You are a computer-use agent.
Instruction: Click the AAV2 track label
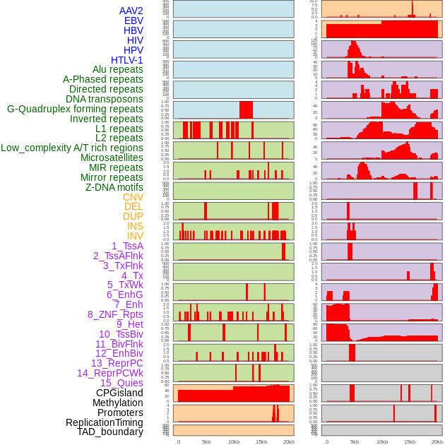coord(131,11)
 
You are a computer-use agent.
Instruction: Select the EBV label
coord(133,20)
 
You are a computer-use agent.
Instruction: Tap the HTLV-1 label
coord(127,60)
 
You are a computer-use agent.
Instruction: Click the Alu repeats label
coord(118,69)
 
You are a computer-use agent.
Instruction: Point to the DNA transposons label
coord(105,99)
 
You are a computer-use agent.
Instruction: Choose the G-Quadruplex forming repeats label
coord(75,109)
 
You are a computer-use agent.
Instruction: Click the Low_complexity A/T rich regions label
coord(72,148)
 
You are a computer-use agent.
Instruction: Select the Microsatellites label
coord(112,158)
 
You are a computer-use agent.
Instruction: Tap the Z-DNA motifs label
coord(114,187)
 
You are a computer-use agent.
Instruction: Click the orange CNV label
coord(133,197)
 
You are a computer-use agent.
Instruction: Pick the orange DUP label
coord(133,216)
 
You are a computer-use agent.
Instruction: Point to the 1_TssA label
coord(127,246)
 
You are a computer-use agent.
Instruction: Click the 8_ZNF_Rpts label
coord(115,314)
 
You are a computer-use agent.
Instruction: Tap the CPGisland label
coord(119,393)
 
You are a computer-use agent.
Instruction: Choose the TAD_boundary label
coord(110,432)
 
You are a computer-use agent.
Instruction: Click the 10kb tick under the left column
coord(233,441)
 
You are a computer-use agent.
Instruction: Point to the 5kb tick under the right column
coord(355,441)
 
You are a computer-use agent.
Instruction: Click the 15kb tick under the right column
coord(410,441)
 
